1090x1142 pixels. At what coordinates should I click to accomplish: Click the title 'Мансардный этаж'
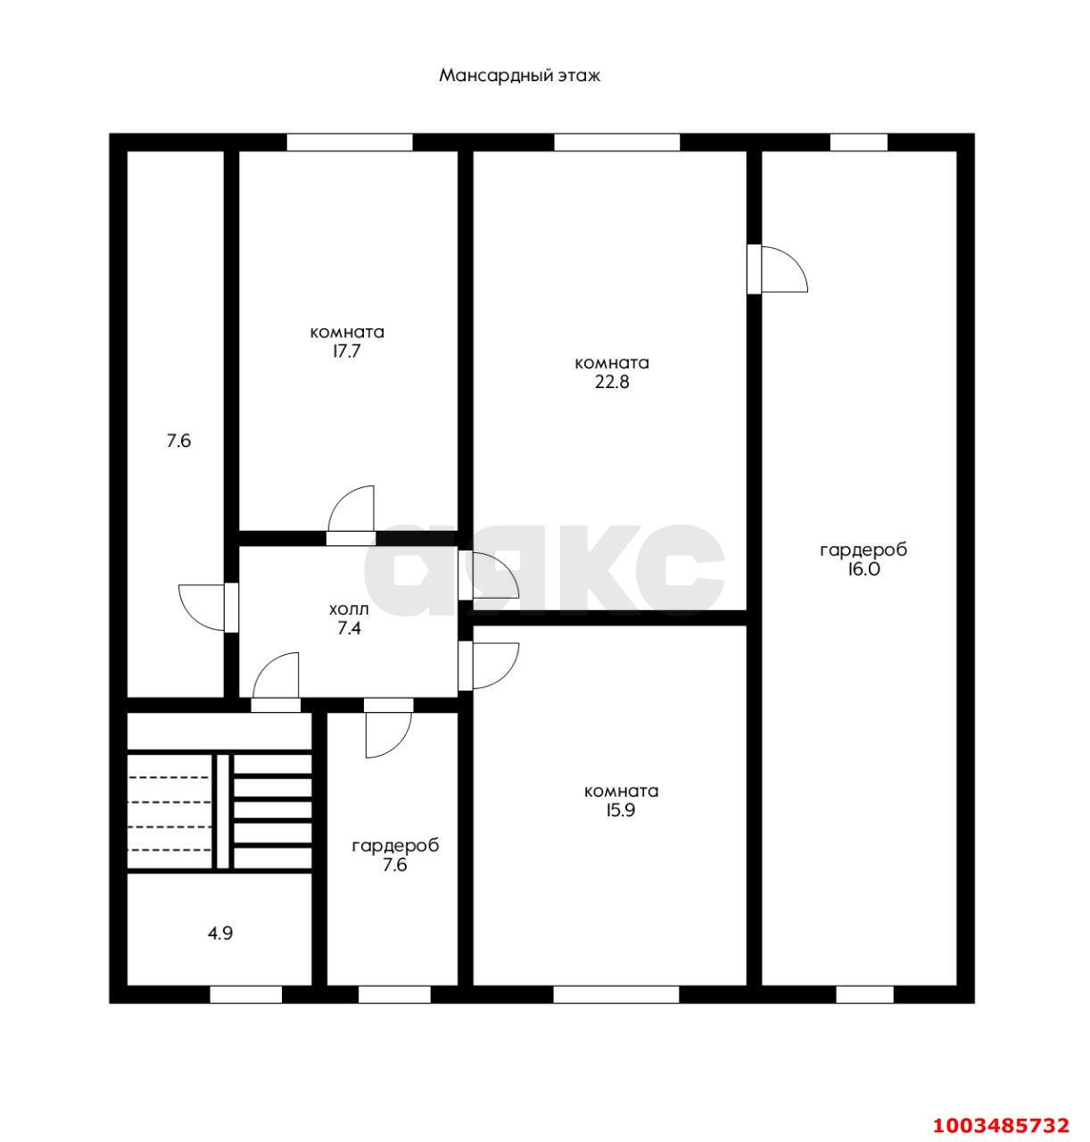(519, 77)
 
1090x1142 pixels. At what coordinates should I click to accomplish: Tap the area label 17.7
(347, 351)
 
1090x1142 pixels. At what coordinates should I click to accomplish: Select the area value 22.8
(612, 382)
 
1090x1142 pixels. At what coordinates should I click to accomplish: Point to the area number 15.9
(621, 810)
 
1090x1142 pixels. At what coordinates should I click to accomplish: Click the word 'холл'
(349, 609)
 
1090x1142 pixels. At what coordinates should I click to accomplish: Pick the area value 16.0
(863, 569)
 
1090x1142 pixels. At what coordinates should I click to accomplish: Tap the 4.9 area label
(220, 933)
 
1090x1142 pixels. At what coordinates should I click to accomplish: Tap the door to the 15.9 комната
(488, 666)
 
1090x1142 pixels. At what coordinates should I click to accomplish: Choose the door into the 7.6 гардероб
(388, 728)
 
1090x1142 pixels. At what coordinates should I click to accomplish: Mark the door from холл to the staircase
(276, 682)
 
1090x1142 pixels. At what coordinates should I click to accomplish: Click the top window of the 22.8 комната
(616, 142)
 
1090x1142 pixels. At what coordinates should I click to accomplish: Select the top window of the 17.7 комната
(350, 142)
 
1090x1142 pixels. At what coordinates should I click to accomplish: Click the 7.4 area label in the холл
(349, 628)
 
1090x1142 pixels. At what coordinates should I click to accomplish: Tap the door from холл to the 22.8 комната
(488, 575)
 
